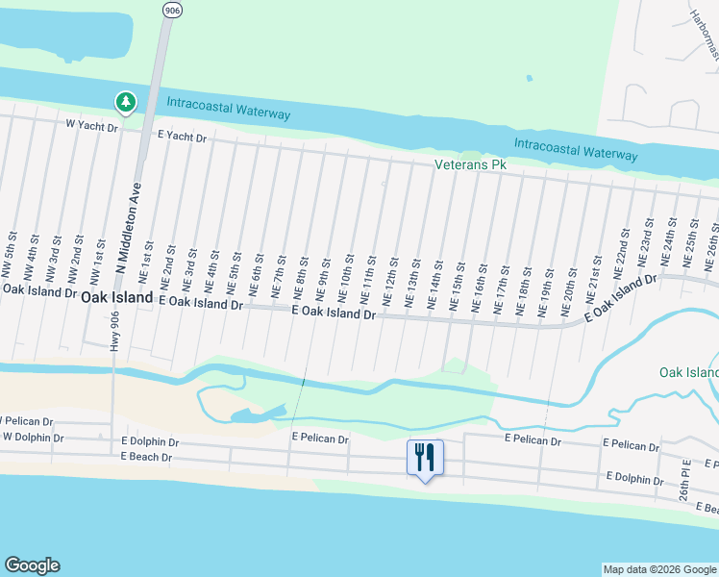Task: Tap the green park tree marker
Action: (x=125, y=101)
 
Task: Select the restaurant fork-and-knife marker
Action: (x=425, y=455)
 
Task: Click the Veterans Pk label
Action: (x=469, y=165)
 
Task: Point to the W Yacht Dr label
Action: (x=91, y=126)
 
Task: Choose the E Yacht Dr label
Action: (x=182, y=138)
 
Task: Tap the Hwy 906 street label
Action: (x=115, y=332)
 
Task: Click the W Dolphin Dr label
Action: (x=32, y=438)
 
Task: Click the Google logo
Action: (x=33, y=566)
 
